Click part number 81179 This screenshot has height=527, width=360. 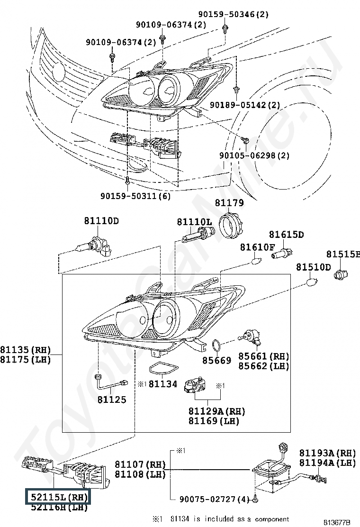coord(229,203)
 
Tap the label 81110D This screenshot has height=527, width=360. coord(101,221)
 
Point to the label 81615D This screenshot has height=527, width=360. coord(286,235)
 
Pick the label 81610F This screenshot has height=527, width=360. coord(257,247)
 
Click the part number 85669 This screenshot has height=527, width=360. coord(217,361)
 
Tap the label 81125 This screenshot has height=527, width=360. coord(112,400)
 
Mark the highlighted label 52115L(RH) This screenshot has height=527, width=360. coord(57,497)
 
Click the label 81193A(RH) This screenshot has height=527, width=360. coord(327,453)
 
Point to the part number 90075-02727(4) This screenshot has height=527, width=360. coord(214,500)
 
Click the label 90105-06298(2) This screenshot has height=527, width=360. coord(254,155)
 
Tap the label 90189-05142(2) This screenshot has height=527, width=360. coord(244,105)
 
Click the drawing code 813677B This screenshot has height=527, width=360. coord(337,522)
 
